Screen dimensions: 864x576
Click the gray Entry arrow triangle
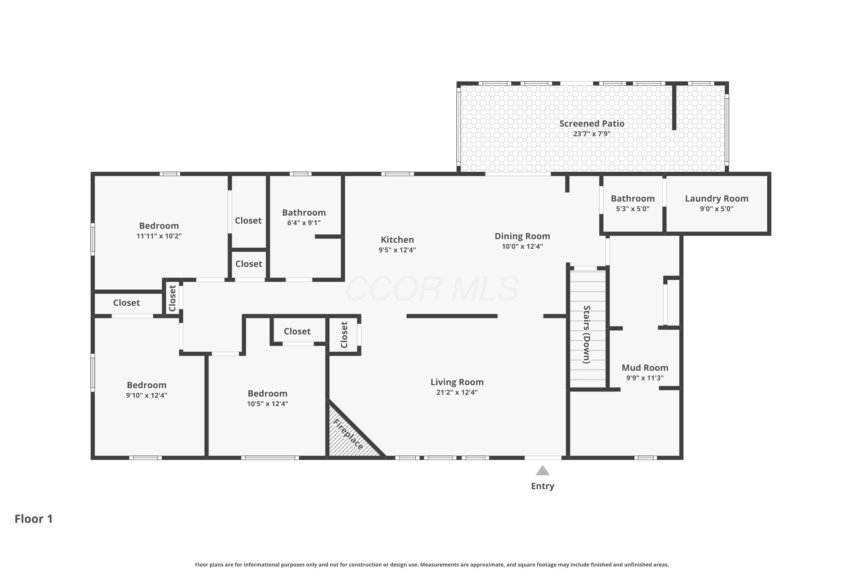[543, 471]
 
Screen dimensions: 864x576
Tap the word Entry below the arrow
[543, 486]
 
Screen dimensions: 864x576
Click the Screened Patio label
[592, 124]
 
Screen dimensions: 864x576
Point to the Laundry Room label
[717, 199]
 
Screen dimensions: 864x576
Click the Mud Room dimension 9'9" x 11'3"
[645, 378]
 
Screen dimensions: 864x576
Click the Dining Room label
[522, 236]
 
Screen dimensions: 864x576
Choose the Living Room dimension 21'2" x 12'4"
[457, 392]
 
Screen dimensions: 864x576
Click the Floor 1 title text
[34, 519]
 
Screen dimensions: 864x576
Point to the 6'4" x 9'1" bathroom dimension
[304, 223]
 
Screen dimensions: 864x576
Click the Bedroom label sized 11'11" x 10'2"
[159, 226]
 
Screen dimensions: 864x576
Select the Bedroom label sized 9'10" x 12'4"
[147, 385]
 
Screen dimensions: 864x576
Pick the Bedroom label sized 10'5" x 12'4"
[268, 394]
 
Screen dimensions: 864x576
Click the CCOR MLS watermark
[432, 289]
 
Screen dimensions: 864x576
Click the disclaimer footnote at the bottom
[432, 564]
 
